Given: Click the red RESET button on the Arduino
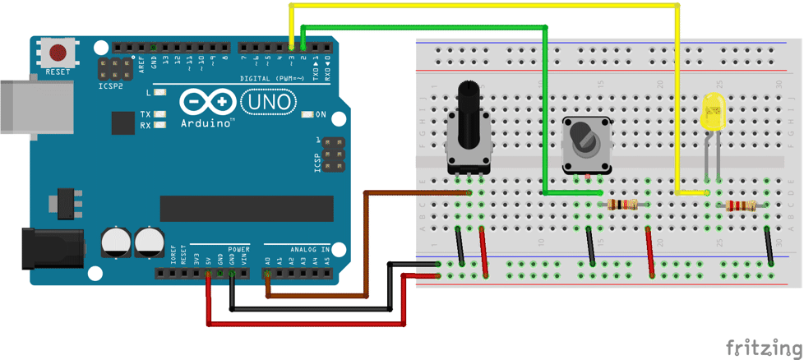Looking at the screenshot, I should click(58, 53).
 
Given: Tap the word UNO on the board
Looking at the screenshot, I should click(267, 101).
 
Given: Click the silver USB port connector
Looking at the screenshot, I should click(30, 105).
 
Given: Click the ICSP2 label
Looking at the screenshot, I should click(110, 85).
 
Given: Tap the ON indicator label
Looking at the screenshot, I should click(320, 114).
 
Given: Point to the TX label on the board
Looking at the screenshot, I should click(145, 114).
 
